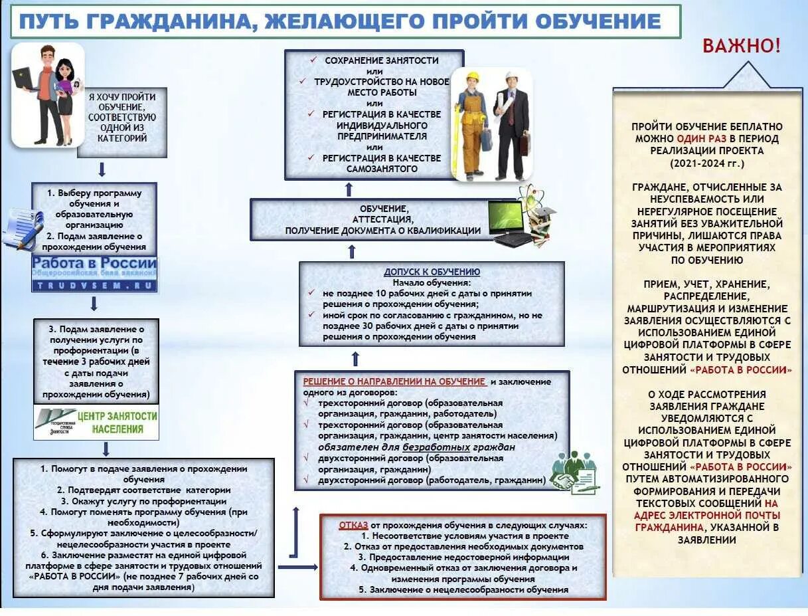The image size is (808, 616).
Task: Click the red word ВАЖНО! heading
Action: (x=742, y=46)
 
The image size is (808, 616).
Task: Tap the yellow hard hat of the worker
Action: (x=472, y=76)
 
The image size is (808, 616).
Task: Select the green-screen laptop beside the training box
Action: (x=510, y=221)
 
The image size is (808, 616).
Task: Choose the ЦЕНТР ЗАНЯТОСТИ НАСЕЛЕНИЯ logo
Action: (x=97, y=423)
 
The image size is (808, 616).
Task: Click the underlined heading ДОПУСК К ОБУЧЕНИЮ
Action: (x=432, y=272)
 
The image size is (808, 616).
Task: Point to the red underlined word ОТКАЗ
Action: (x=353, y=524)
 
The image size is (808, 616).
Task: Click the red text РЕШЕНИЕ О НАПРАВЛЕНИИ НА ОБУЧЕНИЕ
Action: (x=394, y=381)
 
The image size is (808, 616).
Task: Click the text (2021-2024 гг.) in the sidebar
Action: (x=707, y=163)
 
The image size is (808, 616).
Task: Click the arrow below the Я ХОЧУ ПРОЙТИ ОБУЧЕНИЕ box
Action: (x=102, y=169)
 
